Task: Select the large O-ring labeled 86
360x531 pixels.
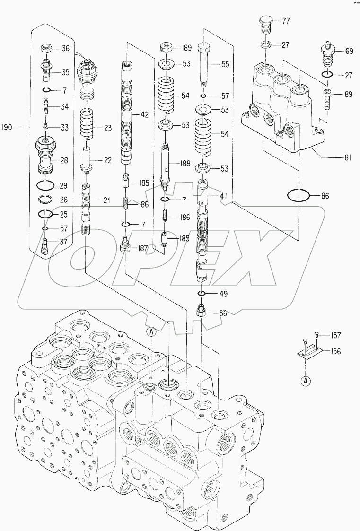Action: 298,195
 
